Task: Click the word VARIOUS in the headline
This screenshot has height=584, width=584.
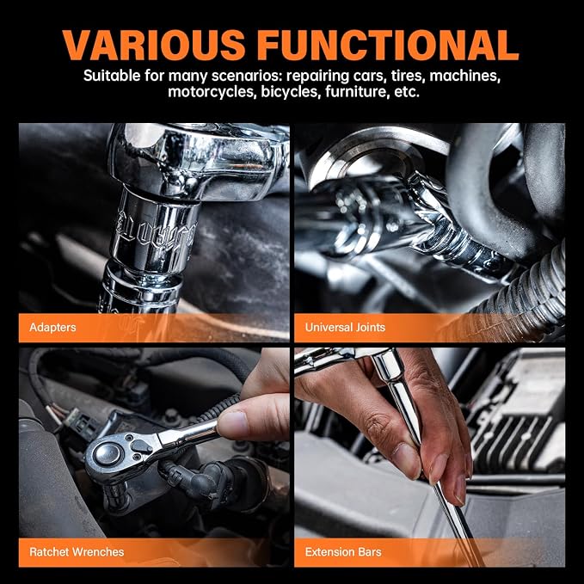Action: click(x=153, y=45)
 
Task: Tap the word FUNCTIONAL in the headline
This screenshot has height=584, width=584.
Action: click(x=388, y=45)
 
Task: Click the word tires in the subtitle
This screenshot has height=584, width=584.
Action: click(x=408, y=76)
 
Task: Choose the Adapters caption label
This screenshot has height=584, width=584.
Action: click(x=52, y=328)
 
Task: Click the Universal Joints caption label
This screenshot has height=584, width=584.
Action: click(x=345, y=328)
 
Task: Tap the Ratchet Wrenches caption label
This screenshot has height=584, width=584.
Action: click(x=77, y=551)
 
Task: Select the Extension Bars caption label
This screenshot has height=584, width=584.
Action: click(x=343, y=551)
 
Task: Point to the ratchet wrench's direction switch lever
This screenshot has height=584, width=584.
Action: click(x=142, y=446)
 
